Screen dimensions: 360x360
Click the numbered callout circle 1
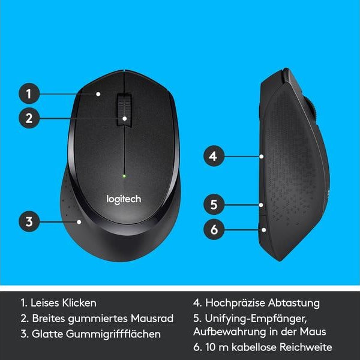(x=28, y=94)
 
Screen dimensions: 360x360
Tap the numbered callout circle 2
(x=28, y=118)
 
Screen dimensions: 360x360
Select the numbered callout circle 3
(x=28, y=221)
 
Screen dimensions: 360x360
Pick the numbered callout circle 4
(x=213, y=157)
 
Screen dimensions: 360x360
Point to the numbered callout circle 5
(x=213, y=204)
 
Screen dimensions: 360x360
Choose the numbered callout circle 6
(x=213, y=228)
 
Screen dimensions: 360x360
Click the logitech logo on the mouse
(x=124, y=199)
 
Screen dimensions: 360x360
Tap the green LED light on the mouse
(x=124, y=176)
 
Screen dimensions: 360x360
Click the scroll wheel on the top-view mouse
(x=124, y=108)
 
